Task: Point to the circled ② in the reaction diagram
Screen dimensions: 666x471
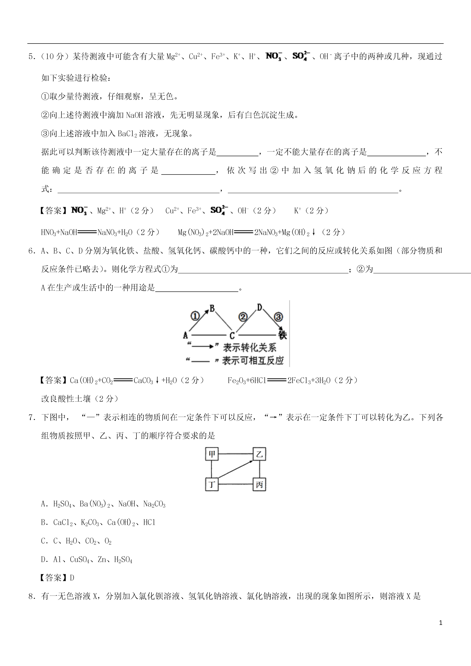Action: (243, 317)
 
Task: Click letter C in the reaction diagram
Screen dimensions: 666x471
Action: (232, 336)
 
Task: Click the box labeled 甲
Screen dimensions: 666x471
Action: (212, 454)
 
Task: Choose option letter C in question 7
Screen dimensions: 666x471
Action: (43, 541)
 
